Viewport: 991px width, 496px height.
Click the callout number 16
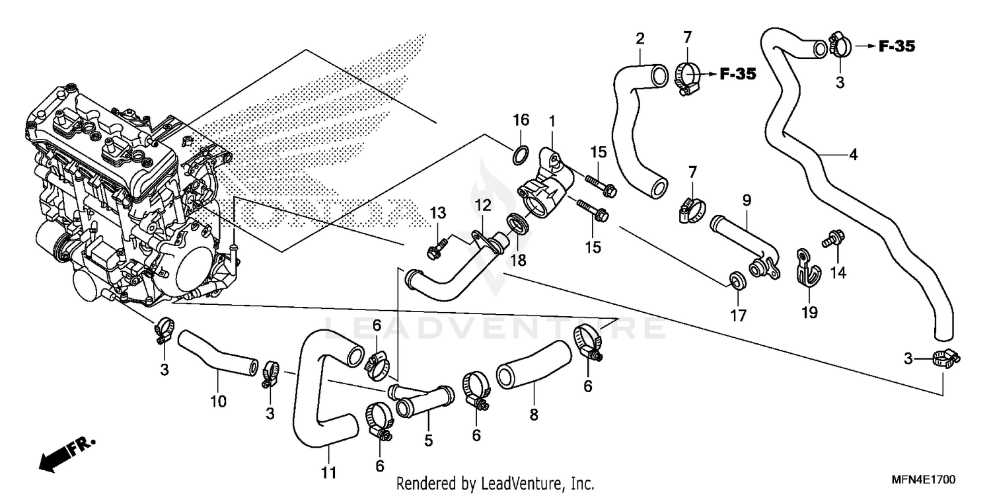(x=521, y=120)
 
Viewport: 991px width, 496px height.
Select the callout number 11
(x=329, y=473)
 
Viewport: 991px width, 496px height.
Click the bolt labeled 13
(x=435, y=251)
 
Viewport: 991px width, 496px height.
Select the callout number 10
(x=218, y=401)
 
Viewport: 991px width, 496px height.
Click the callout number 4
(x=853, y=155)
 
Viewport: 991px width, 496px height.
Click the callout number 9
(x=747, y=198)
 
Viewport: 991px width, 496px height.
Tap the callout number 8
(x=534, y=415)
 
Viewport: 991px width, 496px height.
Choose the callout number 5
(x=428, y=440)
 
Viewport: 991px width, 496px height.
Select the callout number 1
(x=552, y=122)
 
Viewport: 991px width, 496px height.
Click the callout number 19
(x=810, y=311)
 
